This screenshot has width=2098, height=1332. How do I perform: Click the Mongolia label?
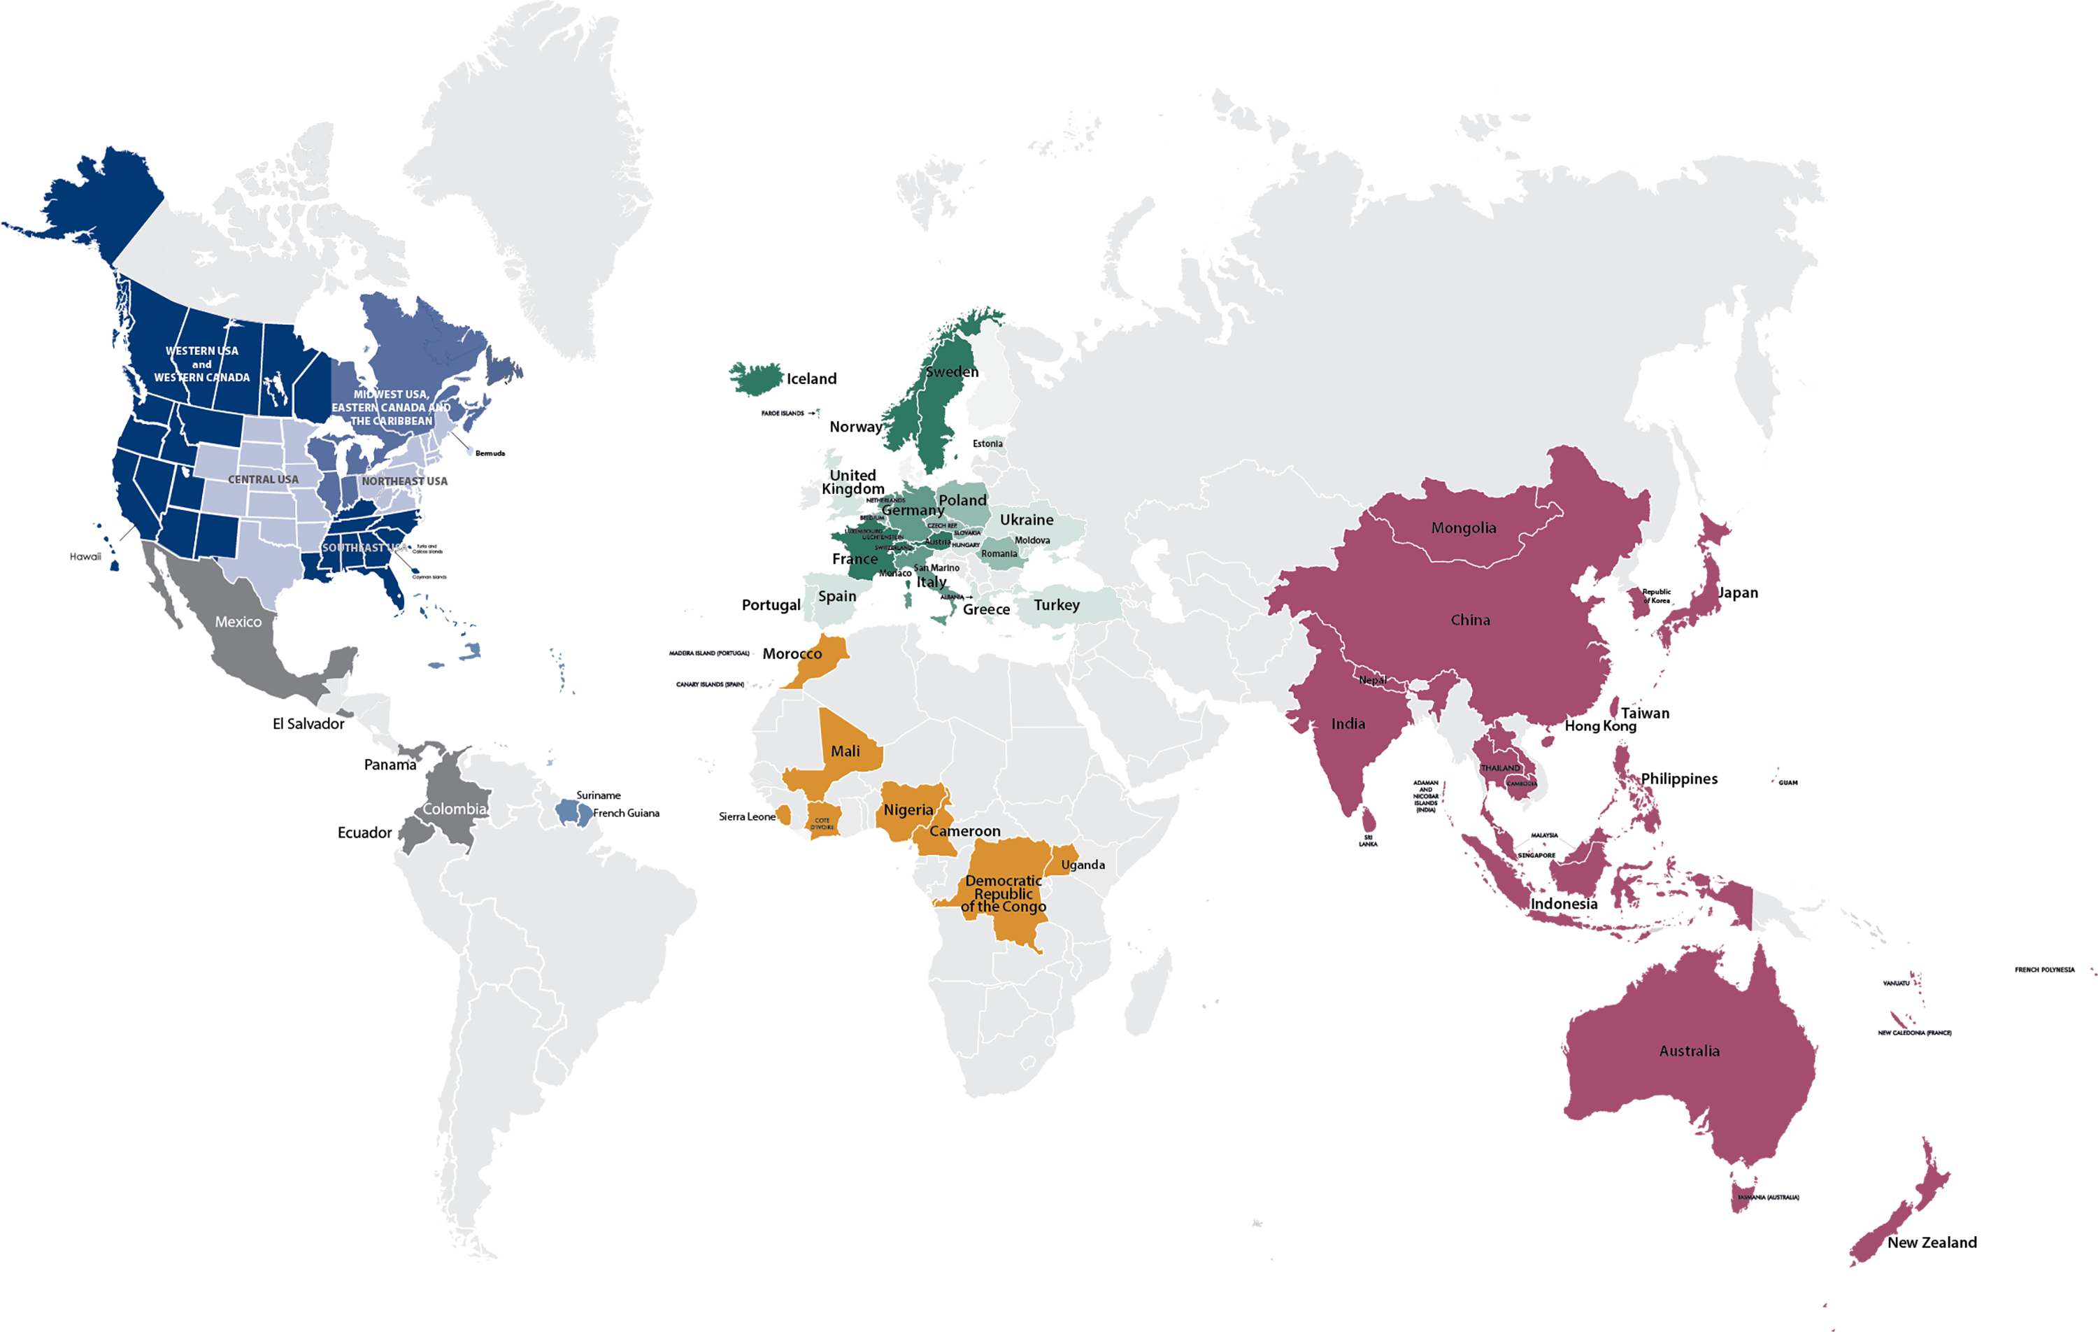pyautogui.click(x=1463, y=527)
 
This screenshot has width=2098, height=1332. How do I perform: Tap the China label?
pyautogui.click(x=1470, y=620)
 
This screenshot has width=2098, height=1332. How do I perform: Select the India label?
pyautogui.click(x=1348, y=723)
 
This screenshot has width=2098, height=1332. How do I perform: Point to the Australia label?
pyautogui.click(x=1688, y=1051)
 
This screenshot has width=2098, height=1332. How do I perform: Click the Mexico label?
pyautogui.click(x=238, y=621)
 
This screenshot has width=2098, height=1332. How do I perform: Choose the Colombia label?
pyautogui.click(x=454, y=809)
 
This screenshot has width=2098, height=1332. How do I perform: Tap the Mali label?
pyautogui.click(x=845, y=751)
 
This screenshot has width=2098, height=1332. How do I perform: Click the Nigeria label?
pyautogui.click(x=908, y=810)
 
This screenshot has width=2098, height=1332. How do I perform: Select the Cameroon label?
pyautogui.click(x=964, y=831)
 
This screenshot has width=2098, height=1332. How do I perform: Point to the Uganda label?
pyautogui.click(x=1083, y=865)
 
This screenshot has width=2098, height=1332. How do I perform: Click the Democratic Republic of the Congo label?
pyautogui.click(x=1004, y=893)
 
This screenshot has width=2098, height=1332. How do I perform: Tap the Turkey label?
pyautogui.click(x=1056, y=604)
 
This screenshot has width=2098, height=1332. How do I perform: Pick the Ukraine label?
pyautogui.click(x=1027, y=520)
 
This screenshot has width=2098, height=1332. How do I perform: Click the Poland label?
pyautogui.click(x=962, y=499)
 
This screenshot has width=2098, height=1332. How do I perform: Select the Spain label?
pyautogui.click(x=836, y=596)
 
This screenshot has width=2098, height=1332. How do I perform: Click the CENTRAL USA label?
pyautogui.click(x=263, y=479)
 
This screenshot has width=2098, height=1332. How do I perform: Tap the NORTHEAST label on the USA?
pyautogui.click(x=393, y=481)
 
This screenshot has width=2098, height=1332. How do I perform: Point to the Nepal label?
pyautogui.click(x=1372, y=680)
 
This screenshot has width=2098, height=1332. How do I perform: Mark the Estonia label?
pyautogui.click(x=988, y=444)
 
